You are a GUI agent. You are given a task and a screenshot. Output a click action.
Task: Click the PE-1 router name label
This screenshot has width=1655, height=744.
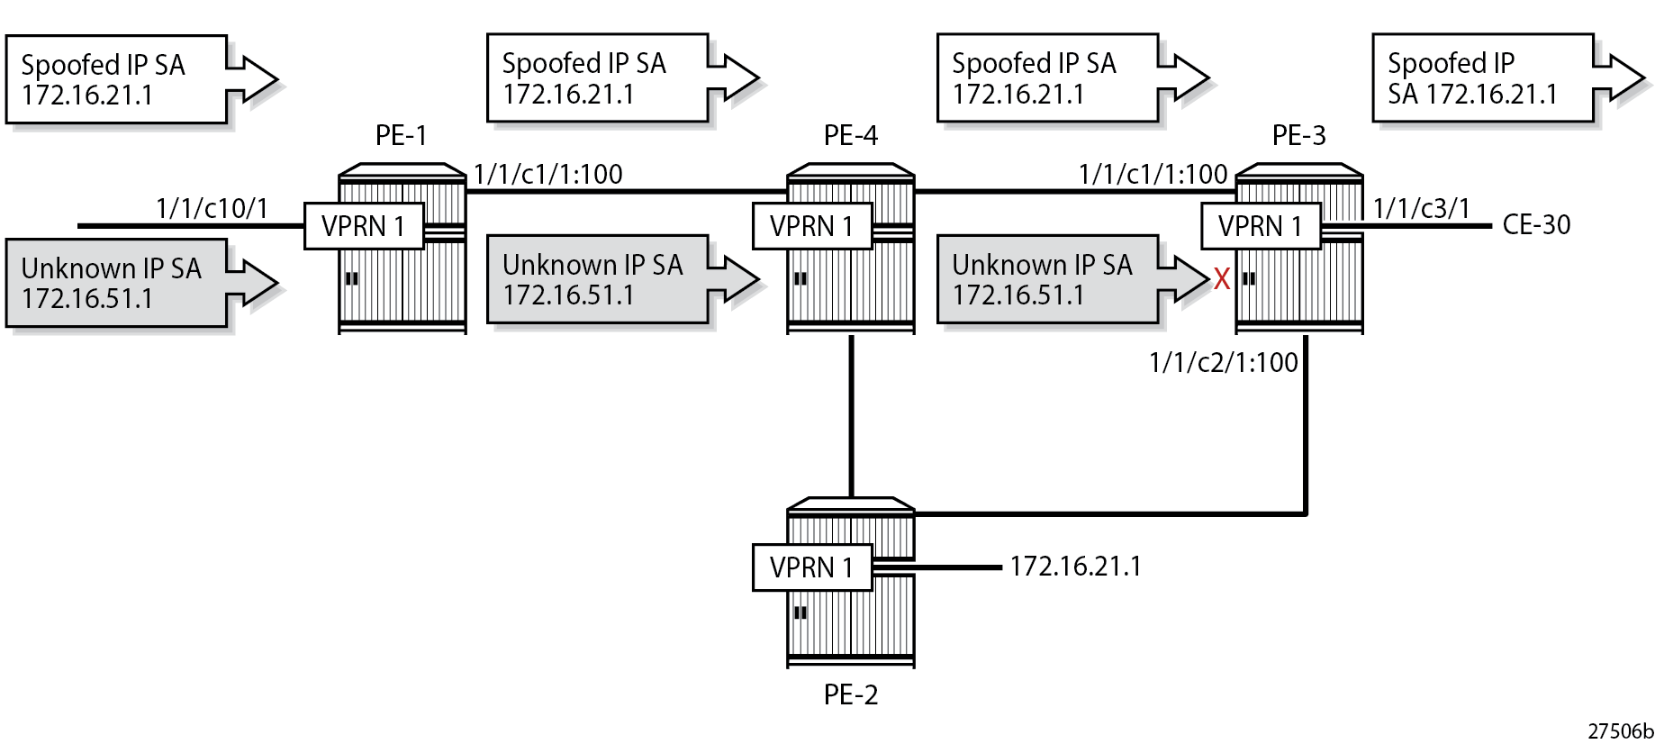tap(401, 136)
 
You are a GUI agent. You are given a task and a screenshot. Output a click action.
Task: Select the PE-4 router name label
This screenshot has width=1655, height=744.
tap(850, 136)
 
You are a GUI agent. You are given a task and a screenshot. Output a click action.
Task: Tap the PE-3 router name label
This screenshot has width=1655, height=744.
tap(1298, 136)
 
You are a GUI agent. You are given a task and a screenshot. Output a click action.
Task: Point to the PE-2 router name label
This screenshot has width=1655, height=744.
tap(850, 694)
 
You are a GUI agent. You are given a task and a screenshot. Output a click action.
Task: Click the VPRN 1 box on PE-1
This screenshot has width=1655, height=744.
tap(363, 226)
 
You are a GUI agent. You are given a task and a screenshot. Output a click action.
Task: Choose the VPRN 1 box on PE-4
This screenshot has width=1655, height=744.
tap(811, 226)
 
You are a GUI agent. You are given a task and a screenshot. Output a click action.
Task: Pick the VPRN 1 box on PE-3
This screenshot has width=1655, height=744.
tap(1260, 226)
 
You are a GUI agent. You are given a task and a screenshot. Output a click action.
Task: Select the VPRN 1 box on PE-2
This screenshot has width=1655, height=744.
tap(811, 567)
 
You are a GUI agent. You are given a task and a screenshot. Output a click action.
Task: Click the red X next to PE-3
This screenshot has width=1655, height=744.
tap(1221, 279)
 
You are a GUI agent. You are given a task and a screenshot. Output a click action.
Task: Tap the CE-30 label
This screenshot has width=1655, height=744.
tap(1536, 225)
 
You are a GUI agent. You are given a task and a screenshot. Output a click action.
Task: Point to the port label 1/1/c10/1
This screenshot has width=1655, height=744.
tap(212, 209)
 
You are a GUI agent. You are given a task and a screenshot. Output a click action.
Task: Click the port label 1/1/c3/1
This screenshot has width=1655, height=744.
tap(1421, 209)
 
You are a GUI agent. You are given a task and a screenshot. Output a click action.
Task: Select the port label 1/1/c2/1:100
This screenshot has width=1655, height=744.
tap(1223, 363)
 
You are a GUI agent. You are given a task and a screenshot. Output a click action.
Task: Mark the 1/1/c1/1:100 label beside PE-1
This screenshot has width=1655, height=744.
tap(548, 175)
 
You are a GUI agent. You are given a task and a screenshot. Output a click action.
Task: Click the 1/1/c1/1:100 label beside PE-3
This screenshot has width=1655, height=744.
tap(1153, 175)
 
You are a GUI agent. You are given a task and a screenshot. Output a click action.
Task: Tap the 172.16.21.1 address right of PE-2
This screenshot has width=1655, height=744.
tap(1075, 567)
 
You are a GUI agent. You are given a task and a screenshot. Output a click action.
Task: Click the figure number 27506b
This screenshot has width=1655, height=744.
tap(1620, 731)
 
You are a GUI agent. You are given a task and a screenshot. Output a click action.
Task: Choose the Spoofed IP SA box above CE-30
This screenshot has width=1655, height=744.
tap(1482, 78)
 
